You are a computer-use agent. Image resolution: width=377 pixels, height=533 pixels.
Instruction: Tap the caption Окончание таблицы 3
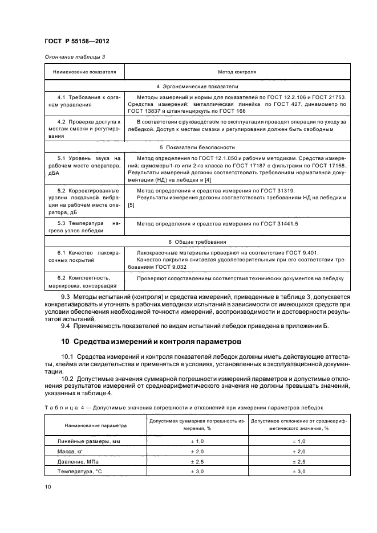pos(75,57)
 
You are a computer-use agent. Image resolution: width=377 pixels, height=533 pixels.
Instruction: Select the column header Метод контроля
pos(237,72)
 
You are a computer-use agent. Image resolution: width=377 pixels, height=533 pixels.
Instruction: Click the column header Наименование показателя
pos(84,72)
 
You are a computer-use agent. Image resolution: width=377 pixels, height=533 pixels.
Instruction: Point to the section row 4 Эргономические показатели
pos(197,87)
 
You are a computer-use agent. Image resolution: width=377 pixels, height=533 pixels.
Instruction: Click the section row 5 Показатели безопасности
pos(197,146)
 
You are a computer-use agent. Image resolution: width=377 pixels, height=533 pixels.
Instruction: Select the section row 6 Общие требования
pos(197,242)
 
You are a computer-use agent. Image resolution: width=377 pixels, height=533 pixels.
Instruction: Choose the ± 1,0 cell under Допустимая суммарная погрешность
pos(197,441)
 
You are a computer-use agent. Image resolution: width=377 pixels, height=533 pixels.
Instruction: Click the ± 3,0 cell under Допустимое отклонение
pos(299,471)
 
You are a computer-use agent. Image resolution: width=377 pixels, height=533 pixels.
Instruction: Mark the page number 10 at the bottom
pos(48,486)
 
